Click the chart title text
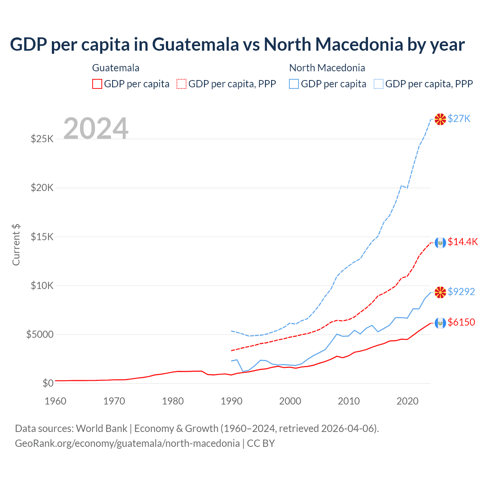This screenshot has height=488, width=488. point(237,45)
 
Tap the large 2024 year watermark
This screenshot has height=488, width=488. point(96,128)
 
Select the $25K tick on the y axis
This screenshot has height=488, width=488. point(42,139)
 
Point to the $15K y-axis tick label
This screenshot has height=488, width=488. point(42,237)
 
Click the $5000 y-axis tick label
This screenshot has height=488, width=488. point(40,335)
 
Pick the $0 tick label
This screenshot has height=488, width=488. point(48,383)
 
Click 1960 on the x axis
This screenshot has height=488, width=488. point(56,401)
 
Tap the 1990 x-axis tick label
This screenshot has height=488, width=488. point(232,401)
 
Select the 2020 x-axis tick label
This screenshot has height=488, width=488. point(408,401)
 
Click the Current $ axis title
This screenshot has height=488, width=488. point(16,244)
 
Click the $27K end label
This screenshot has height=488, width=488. point(459,119)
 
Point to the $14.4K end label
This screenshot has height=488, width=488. point(462,242)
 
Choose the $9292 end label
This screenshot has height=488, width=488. point(461,292)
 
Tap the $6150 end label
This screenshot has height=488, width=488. point(461,322)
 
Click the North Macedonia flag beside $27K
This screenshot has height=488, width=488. point(440,119)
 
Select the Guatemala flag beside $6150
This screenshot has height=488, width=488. point(440,323)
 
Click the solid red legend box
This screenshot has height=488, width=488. point(97,84)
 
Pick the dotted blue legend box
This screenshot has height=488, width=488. point(379,84)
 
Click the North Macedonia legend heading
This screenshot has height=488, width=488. point(327,68)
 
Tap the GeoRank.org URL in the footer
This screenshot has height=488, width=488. point(127,443)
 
